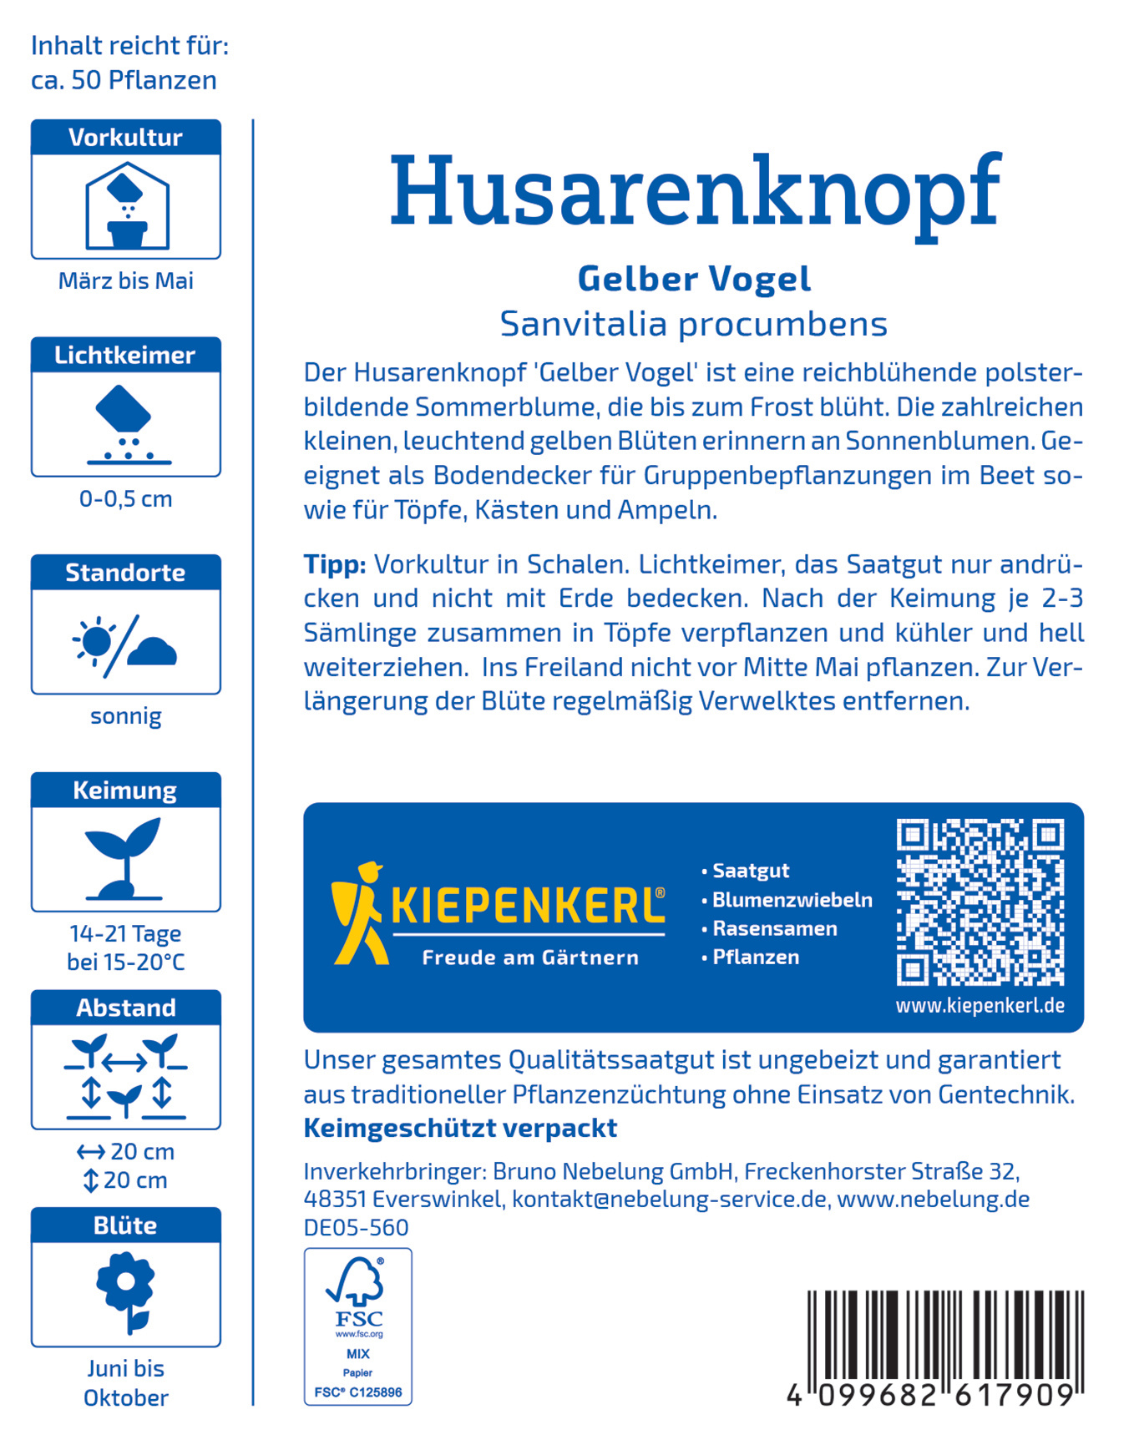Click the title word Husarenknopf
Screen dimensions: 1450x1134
694,194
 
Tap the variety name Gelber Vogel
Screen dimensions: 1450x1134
694,279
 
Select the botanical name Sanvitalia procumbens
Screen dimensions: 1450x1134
693,324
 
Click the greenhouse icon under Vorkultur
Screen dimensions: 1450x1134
127,206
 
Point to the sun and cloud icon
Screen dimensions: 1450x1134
125,644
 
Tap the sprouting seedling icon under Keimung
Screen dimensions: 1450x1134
124,858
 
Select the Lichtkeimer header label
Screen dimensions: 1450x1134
125,356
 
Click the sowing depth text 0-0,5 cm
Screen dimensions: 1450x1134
126,499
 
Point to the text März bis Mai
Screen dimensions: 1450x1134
126,281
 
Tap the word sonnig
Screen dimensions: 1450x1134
126,716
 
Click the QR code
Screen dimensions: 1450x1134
980,902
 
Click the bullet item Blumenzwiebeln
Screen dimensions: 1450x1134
792,900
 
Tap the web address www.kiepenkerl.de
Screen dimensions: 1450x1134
980,1006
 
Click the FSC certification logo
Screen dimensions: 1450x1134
358,1326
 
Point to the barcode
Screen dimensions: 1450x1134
944,1344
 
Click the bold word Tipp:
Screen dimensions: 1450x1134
335,564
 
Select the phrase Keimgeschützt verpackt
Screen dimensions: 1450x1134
460,1128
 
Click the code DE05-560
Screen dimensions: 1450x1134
356,1227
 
